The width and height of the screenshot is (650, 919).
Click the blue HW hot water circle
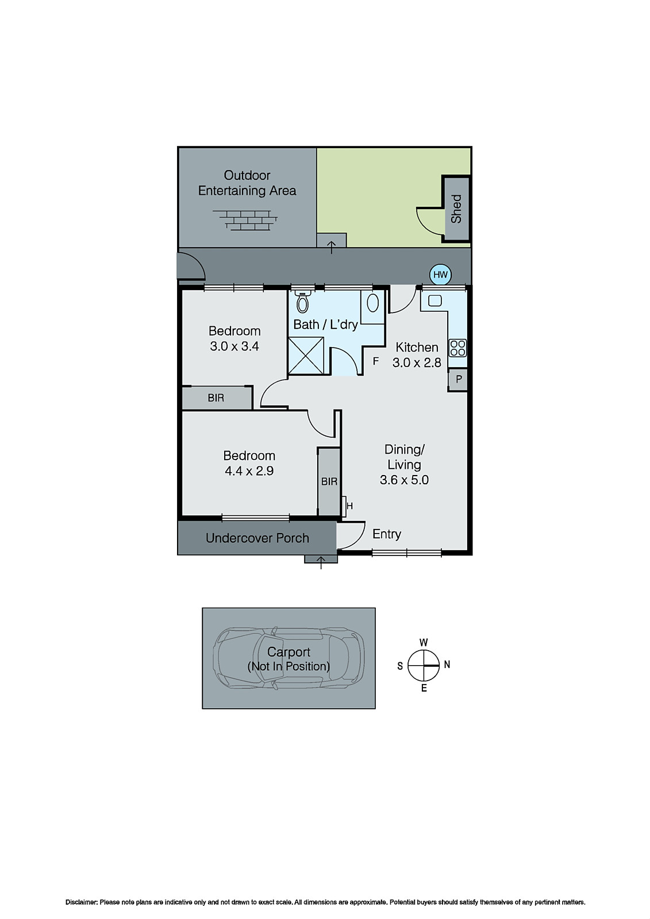pos(440,275)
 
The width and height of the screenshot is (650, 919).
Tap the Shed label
pos(456,208)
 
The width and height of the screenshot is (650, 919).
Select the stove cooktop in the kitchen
pos(457,348)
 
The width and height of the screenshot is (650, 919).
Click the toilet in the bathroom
pos(302,303)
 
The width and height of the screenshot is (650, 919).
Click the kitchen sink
pos(434,300)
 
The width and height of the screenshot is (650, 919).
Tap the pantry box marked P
pos(458,380)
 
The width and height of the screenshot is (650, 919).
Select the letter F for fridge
pos(376,361)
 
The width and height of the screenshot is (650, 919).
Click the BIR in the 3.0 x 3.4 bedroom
pos(216,397)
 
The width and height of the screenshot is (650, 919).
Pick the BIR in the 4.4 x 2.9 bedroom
pos(329,481)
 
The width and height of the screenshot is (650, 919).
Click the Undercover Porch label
pos(257,538)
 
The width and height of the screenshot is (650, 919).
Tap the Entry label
pos(386,534)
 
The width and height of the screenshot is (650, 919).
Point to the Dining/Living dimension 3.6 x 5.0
pos(404,480)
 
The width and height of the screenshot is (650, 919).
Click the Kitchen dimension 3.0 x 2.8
pos(417,362)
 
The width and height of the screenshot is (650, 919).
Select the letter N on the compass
pos(447,665)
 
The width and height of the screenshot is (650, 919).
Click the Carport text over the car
pos(289,652)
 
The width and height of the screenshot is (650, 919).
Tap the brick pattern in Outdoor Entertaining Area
pos(245,219)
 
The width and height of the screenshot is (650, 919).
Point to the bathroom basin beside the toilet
pos(372,303)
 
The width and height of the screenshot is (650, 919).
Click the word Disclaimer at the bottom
pos(81,902)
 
